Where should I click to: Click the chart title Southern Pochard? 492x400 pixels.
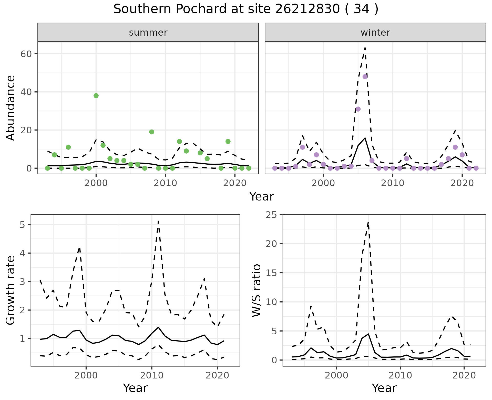click(x=246, y=9)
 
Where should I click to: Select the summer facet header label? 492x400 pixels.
click(x=148, y=33)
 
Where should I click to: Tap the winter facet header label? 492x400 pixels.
click(x=375, y=33)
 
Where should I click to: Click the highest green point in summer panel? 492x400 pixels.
click(x=96, y=96)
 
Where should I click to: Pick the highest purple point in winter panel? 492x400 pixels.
click(x=365, y=76)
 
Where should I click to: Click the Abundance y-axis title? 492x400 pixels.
click(x=11, y=108)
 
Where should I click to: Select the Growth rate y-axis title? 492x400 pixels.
click(x=11, y=290)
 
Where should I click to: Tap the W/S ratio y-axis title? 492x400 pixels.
click(x=256, y=290)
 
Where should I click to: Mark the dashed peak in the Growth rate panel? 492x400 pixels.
click(x=158, y=221)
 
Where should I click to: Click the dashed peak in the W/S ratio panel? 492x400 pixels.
click(x=368, y=223)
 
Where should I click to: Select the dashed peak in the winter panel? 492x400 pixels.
click(x=365, y=47)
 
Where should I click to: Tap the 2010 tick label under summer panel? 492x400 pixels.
click(x=165, y=183)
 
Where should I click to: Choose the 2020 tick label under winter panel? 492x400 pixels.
click(x=462, y=183)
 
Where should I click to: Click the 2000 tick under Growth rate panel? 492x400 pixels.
click(x=86, y=376)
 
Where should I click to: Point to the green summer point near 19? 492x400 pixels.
click(x=151, y=132)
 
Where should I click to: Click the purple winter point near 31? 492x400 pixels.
click(x=358, y=109)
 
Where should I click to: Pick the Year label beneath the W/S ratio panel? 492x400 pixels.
click(x=384, y=388)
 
